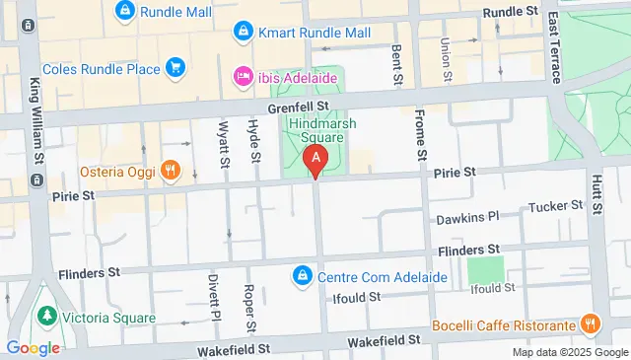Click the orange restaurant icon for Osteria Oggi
click(171, 170)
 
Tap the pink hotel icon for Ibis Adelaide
click(242, 76)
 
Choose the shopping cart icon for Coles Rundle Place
click(175, 67)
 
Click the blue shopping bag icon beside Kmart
click(242, 33)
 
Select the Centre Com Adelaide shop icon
click(304, 275)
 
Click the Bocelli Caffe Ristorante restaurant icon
click(590, 324)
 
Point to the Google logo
click(33, 347)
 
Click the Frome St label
click(421, 136)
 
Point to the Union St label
click(446, 59)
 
